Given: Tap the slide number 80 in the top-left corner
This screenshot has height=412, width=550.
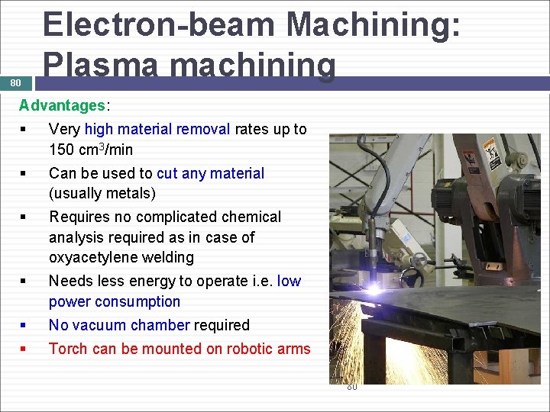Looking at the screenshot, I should (16, 82).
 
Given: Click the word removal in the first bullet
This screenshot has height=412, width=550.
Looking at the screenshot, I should (205, 129).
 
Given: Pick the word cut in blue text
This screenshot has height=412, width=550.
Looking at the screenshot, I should (167, 173).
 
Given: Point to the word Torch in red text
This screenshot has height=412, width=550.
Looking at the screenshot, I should (67, 349).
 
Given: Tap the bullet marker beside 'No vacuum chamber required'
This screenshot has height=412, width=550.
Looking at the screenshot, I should (24, 326).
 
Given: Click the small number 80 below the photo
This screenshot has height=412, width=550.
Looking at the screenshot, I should (352, 388).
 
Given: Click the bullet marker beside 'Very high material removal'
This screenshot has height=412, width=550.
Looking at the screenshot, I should (24, 130).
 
